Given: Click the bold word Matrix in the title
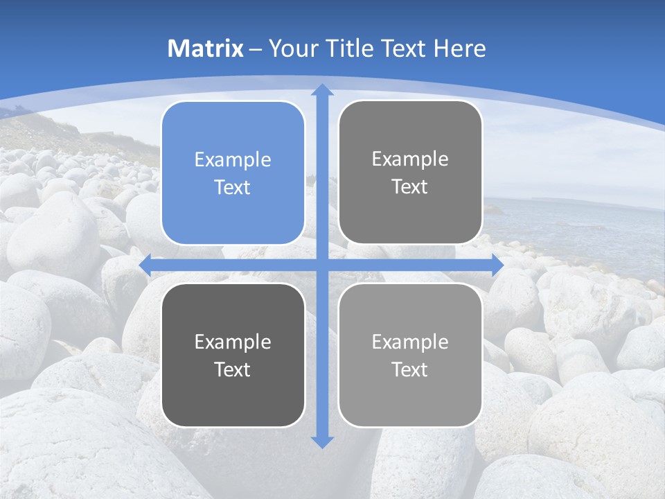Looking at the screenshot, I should click(x=205, y=49).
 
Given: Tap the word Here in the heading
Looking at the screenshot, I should click(x=460, y=49).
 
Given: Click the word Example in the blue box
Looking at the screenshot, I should click(x=233, y=160).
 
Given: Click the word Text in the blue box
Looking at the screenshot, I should click(x=233, y=188).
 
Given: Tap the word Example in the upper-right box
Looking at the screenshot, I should click(x=410, y=159).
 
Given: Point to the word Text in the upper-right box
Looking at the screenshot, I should click(x=410, y=187).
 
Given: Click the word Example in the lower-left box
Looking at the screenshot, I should click(x=233, y=342).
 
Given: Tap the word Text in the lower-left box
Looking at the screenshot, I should click(x=233, y=370).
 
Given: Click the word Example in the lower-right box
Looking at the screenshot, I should click(x=410, y=342).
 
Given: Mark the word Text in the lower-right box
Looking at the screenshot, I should click(x=410, y=370).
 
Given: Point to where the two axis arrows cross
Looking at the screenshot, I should click(x=322, y=265).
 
